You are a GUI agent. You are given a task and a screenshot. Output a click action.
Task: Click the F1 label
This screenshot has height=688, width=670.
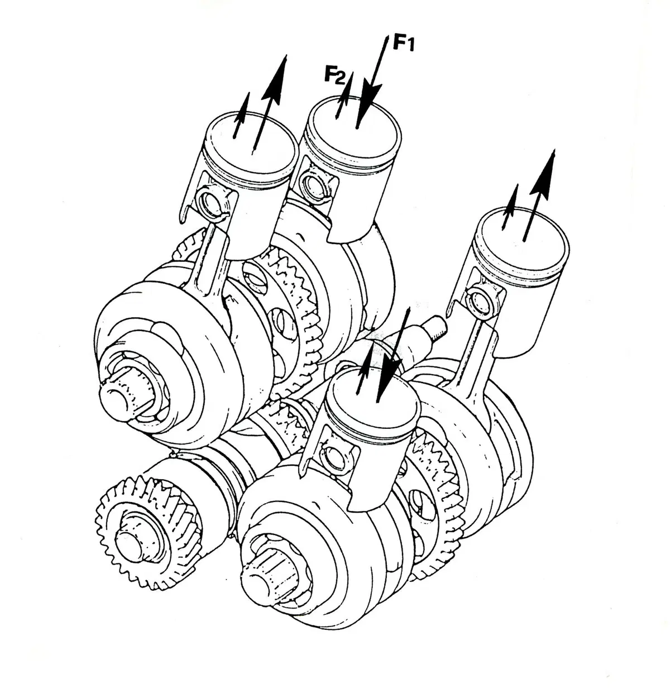click(404, 43)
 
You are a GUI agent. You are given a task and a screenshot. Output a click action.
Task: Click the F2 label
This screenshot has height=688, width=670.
click(334, 75)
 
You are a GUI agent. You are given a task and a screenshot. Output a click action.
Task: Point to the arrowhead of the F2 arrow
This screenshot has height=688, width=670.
click(347, 88)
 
